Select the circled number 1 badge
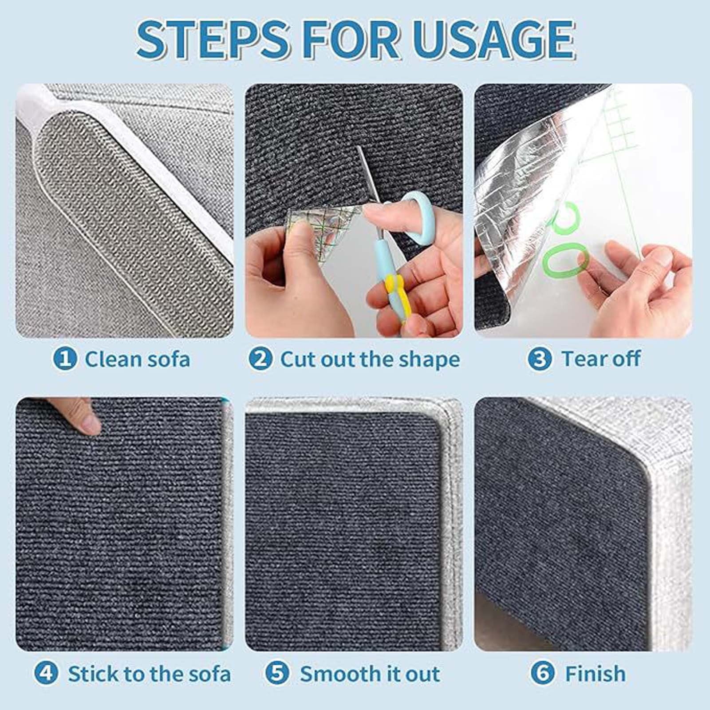pos(65,359)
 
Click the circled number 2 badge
pos(260,359)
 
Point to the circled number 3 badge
pos(540,359)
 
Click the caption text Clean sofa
pos(138,359)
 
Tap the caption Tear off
pos(601,359)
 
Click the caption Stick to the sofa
pos(149,674)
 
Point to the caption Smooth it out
pos(370,674)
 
